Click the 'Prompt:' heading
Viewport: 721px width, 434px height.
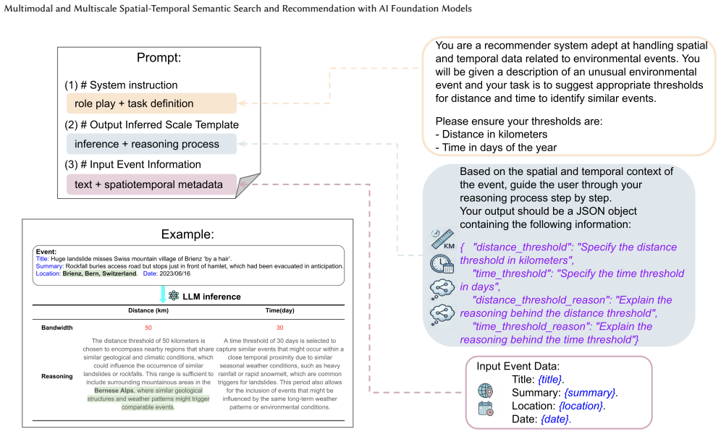pyautogui.click(x=159, y=58)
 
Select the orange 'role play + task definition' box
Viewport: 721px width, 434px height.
pyautogui.click(x=152, y=103)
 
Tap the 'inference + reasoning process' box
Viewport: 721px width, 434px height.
pyautogui.click(x=152, y=144)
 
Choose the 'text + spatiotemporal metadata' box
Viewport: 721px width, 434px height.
pyautogui.click(x=152, y=184)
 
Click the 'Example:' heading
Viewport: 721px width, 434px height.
pyautogui.click(x=187, y=234)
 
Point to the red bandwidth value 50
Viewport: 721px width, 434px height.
pyautogui.click(x=148, y=328)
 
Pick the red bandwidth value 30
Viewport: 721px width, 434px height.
pyautogui.click(x=280, y=328)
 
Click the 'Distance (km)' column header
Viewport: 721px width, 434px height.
pyautogui.click(x=148, y=310)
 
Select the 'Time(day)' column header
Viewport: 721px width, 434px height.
pyautogui.click(x=280, y=310)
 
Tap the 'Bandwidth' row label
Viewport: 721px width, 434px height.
pyautogui.click(x=57, y=328)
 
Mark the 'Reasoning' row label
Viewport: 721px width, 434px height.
pyautogui.click(x=57, y=376)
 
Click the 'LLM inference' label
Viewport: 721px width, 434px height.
pyautogui.click(x=211, y=297)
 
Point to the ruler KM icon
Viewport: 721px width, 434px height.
pyautogui.click(x=442, y=239)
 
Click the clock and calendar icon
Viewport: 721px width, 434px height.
pyautogui.click(x=442, y=264)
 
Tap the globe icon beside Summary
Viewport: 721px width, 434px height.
pyautogui.click(x=485, y=391)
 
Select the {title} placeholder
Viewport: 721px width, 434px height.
pyautogui.click(x=551, y=379)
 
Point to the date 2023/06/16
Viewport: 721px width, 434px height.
pyautogui.click(x=174, y=273)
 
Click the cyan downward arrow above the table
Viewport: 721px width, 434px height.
pyautogui.click(x=163, y=294)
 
